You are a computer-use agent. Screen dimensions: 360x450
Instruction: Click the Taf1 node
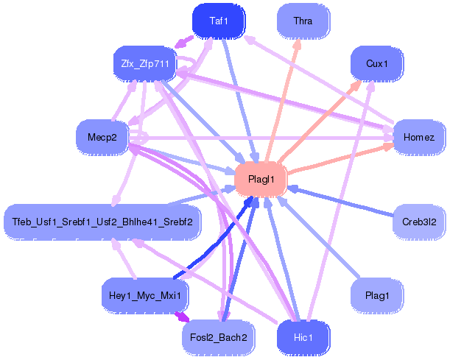pos(218,21)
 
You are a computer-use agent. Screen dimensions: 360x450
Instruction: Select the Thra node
pos(303,21)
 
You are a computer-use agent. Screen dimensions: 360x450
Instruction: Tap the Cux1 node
pos(376,64)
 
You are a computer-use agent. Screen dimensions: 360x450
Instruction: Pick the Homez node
pos(419,138)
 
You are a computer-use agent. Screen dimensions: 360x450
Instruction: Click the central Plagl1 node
pos(261,179)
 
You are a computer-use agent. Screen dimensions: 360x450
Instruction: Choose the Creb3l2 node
pos(418,222)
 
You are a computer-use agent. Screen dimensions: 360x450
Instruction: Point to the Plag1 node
pos(376,295)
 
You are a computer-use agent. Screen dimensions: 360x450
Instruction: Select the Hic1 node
pos(303,337)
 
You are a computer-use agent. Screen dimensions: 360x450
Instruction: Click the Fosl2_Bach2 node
pos(218,337)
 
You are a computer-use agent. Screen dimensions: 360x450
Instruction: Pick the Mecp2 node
pos(102,138)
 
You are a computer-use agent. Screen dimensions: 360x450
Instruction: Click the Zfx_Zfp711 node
pos(144,64)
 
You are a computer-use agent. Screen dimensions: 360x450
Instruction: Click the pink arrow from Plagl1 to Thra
pos(284,96)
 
